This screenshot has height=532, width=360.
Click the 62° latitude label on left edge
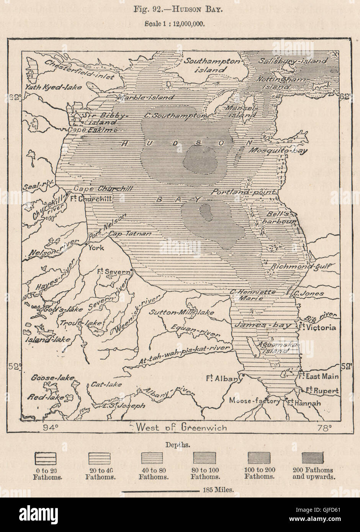[15, 98]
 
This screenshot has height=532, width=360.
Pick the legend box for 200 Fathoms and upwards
[313, 457]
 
